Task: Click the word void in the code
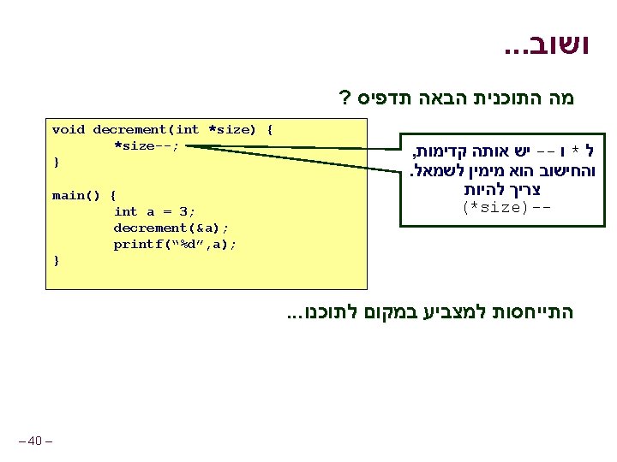pos(69,130)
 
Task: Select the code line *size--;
pos(147,146)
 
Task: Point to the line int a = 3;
pos(154,212)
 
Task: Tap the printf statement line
pos(175,245)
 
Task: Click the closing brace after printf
pos(56,261)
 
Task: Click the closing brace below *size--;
pos(56,163)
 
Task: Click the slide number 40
pos(35,441)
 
